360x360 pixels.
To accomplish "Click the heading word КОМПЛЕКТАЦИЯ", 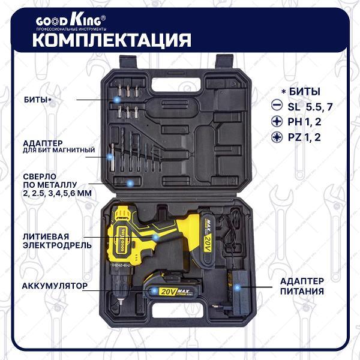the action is click(x=112, y=40).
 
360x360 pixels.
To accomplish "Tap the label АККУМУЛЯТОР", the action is click(x=55, y=286).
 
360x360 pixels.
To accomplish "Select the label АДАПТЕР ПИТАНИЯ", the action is click(x=302, y=286).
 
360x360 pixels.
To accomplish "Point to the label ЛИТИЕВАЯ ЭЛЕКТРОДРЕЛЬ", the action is click(x=57, y=241).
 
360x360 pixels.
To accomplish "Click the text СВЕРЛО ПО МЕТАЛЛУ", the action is click(x=50, y=181).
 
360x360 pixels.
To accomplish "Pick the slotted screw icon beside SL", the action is click(x=277, y=105).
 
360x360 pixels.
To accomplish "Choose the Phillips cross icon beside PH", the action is click(x=277, y=121).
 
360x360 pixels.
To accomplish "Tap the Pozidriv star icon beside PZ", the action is click(x=277, y=137).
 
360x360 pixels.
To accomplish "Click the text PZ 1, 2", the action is click(x=304, y=137).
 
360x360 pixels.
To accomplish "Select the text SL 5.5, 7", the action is click(x=310, y=107).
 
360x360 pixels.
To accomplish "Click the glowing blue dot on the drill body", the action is click(x=155, y=237).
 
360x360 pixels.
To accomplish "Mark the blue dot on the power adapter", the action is click(x=238, y=287).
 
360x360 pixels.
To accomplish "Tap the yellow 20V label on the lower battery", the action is click(x=168, y=292).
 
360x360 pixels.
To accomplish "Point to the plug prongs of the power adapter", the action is click(x=215, y=306).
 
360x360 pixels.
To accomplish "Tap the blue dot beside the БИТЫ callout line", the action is click(x=117, y=100).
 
